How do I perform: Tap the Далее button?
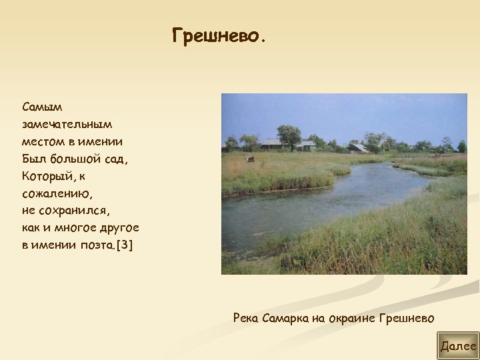click(x=458, y=346)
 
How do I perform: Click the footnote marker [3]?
click(x=124, y=245)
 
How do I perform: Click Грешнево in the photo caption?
click(x=407, y=318)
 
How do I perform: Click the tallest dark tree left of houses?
click(x=289, y=136)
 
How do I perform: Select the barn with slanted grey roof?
click(x=358, y=148)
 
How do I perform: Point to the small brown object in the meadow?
click(x=251, y=159)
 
